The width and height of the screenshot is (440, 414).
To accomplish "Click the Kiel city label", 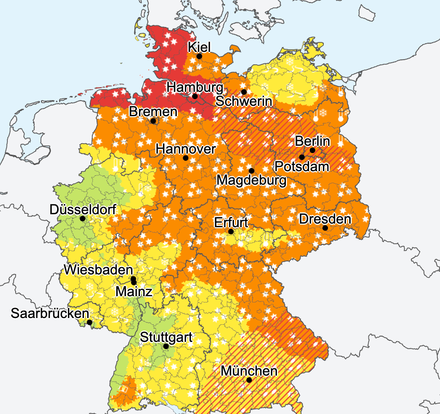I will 200,47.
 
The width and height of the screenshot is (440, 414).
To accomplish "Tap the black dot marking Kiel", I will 199,56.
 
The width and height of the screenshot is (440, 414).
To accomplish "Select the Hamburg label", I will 195,87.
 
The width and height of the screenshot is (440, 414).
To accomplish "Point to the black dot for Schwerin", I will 243,92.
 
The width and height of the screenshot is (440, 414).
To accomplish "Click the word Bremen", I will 153,111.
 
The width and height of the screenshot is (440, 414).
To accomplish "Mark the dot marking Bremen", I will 153,121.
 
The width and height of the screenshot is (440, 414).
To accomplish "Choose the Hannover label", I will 185,149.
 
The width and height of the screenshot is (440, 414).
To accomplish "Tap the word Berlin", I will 312,141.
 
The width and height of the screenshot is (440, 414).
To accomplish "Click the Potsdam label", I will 302,167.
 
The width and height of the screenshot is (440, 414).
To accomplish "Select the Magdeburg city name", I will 252,181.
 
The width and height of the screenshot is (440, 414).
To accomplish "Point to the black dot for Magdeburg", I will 251,170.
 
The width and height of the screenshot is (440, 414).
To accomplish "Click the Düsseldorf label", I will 83,210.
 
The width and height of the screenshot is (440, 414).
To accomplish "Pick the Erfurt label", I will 231,223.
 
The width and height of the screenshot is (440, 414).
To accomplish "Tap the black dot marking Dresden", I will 325,228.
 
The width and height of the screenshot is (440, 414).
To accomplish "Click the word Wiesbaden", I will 99,270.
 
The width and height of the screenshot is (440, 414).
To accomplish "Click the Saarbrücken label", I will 49,313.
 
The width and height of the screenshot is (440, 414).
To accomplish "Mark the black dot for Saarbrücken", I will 89,322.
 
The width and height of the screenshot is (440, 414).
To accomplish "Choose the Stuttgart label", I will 166,337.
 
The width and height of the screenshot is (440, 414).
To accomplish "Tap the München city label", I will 249,371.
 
